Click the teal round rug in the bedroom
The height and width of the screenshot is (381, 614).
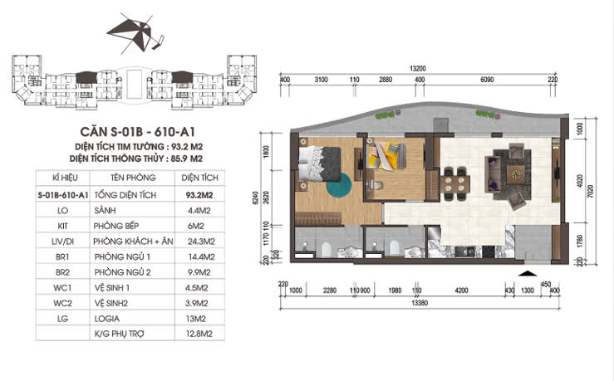pos(338,187)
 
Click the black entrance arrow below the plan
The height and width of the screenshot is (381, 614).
pos(524,273)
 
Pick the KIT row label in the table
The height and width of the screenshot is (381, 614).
pos(63,225)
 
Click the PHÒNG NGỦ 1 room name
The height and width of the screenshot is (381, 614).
pos(133,256)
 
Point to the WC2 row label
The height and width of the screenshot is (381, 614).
pos(63,303)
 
